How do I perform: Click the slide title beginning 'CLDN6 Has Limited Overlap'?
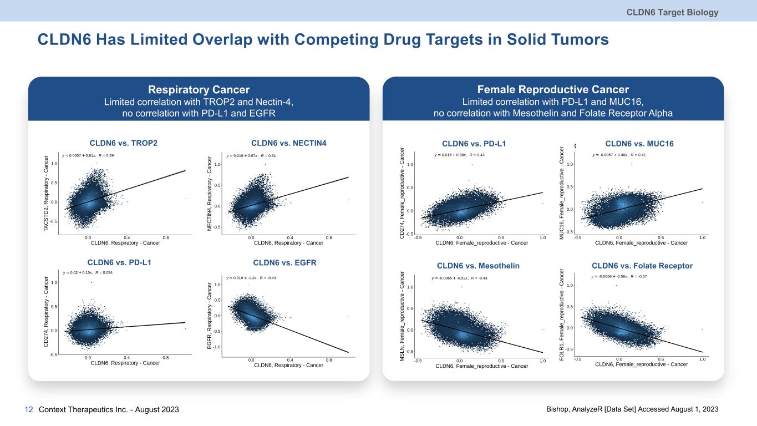click(323, 39)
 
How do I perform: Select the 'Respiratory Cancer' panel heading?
click(199, 90)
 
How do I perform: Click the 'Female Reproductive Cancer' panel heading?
click(553, 90)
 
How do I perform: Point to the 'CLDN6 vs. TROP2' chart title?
click(123, 143)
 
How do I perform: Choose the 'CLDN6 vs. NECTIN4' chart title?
click(289, 143)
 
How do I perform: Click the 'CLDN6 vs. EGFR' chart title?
click(284, 262)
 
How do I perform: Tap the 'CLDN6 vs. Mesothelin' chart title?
click(478, 266)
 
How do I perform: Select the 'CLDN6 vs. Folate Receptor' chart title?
click(642, 266)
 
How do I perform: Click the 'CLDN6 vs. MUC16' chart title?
click(639, 144)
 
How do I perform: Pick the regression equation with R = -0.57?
click(623, 276)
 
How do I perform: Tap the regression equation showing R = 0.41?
click(619, 155)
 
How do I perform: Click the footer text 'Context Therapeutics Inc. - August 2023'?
click(109, 409)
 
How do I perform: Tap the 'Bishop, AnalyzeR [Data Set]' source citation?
click(632, 409)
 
